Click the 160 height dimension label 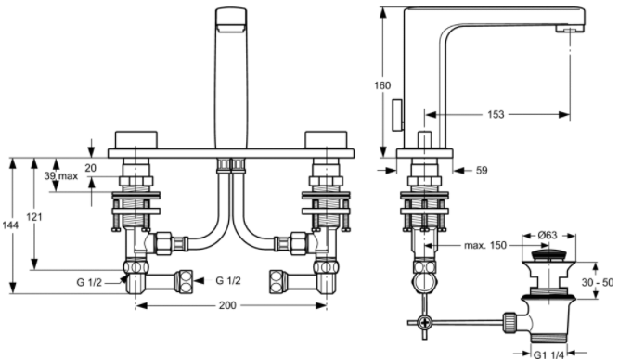382,85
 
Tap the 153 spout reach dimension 496,114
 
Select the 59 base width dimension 482,171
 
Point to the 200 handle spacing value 227,305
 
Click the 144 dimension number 10,225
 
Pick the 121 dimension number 34,217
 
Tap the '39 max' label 61,176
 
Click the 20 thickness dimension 90,168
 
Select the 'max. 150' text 485,246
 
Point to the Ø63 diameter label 548,236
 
